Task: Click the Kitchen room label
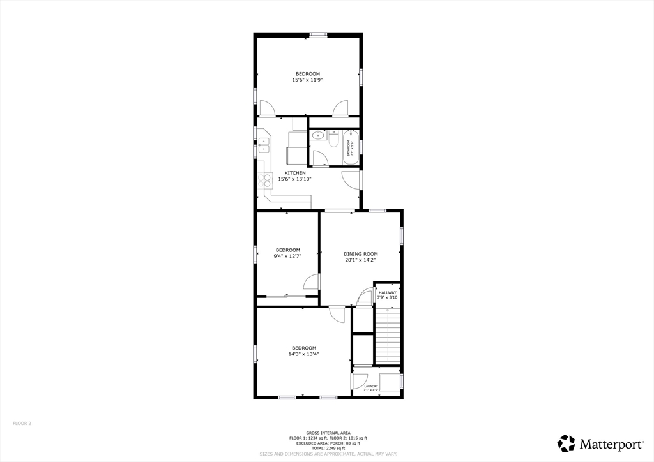295,173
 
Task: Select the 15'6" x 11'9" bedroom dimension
307,80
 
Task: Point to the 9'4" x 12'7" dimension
288,256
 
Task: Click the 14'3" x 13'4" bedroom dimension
304,354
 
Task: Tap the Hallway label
387,293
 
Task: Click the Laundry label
371,386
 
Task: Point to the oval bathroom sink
318,135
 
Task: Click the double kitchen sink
263,149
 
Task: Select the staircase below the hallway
387,335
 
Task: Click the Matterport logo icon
566,443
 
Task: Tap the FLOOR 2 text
22,423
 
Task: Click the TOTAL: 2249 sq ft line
328,448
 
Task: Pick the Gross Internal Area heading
328,433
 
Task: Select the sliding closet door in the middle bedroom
287,296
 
